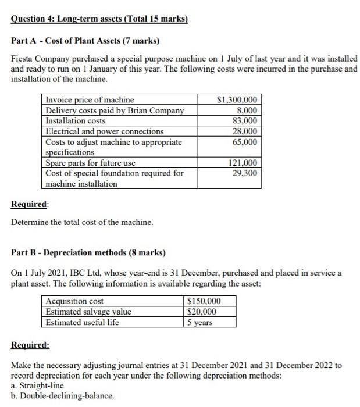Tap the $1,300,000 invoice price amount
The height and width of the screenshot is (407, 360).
click(x=238, y=99)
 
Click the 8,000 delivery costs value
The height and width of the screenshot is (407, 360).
click(x=247, y=110)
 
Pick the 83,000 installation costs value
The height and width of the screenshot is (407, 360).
click(x=245, y=120)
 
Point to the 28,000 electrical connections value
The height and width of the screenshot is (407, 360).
click(x=245, y=131)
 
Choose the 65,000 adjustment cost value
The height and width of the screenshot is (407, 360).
click(x=245, y=142)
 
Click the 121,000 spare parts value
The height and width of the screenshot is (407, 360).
click(x=243, y=163)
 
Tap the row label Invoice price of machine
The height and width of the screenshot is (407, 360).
click(x=90, y=99)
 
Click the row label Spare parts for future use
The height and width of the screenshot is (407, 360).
click(x=90, y=163)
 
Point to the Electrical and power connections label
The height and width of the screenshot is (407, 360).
click(x=104, y=131)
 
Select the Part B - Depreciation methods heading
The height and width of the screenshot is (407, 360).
click(x=88, y=253)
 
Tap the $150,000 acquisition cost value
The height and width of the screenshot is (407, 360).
click(x=204, y=301)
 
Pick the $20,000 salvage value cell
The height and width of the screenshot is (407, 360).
click(x=201, y=312)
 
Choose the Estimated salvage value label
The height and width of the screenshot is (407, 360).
click(x=88, y=312)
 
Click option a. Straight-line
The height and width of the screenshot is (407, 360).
click(x=38, y=385)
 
